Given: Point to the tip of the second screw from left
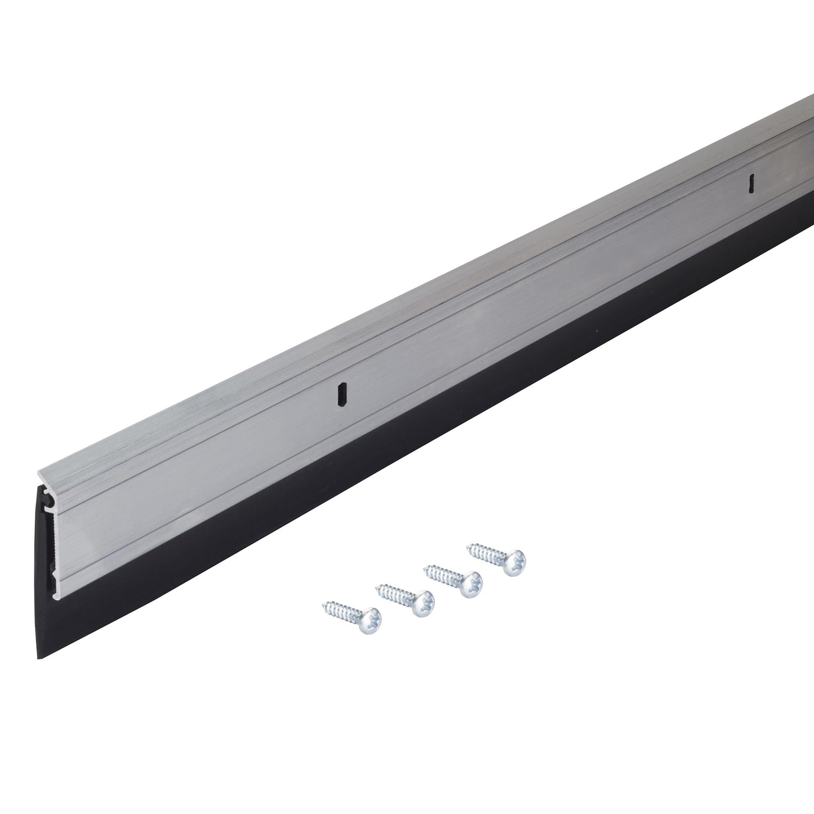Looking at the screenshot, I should point(377,587).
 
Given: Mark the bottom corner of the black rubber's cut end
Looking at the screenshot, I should point(39,658).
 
